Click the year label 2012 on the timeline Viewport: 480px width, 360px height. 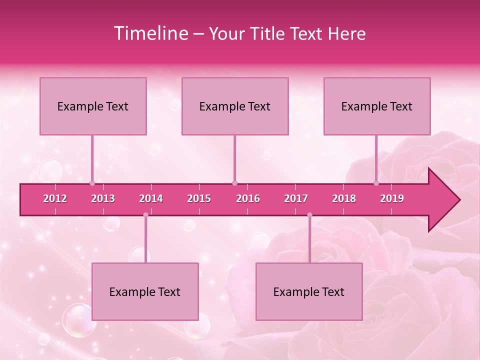click(55, 198)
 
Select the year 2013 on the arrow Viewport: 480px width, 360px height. click(103, 198)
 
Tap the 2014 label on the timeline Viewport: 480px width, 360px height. click(151, 198)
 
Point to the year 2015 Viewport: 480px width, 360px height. click(199, 198)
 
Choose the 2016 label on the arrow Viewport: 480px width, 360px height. click(248, 198)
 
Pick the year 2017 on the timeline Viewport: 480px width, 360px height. click(296, 198)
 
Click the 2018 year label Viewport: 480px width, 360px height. click(344, 198)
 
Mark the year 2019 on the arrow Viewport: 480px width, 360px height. click(392, 198)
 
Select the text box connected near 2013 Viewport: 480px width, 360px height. click(93, 106)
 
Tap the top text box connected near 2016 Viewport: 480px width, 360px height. click(235, 106)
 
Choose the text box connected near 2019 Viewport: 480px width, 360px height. click(377, 106)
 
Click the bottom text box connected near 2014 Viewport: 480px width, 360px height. click(145, 291)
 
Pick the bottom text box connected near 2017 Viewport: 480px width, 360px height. click(309, 291)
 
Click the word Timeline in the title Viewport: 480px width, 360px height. click(150, 33)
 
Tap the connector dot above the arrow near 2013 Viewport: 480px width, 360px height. click(92, 183)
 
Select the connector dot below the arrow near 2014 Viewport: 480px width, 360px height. click(145, 215)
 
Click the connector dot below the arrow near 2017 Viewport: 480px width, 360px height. click(309, 215)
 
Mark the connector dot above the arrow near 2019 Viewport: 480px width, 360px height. click(376, 183)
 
